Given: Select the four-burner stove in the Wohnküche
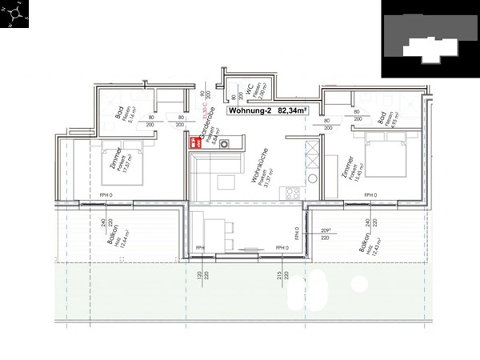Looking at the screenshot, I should pos(293,193).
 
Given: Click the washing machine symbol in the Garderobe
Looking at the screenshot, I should pos(224,143).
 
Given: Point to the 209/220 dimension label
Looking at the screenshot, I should pos(325,234).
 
